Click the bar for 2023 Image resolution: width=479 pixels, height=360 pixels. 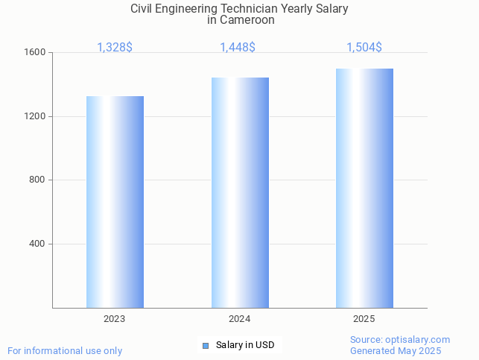click(115, 201)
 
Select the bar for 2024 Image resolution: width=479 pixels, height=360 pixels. click(240, 192)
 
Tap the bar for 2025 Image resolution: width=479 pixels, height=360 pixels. click(364, 188)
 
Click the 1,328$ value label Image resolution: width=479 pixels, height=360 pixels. click(115, 48)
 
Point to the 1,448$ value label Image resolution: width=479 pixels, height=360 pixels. click(238, 48)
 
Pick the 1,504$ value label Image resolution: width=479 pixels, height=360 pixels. click(364, 48)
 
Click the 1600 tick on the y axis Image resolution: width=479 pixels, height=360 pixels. click(36, 53)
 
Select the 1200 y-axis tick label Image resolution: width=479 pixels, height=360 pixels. click(36, 116)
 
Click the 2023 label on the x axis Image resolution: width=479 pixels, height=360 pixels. click(115, 319)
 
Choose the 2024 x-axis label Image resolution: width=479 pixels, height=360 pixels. click(239, 319)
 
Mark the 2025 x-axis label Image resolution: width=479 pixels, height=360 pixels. click(364, 319)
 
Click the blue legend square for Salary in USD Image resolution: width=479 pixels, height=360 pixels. click(206, 345)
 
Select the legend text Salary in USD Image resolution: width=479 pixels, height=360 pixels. click(245, 345)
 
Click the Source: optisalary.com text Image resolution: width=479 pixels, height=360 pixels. click(400, 340)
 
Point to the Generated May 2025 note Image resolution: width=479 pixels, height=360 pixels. click(396, 351)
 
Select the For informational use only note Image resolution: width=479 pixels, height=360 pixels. click(65, 351)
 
